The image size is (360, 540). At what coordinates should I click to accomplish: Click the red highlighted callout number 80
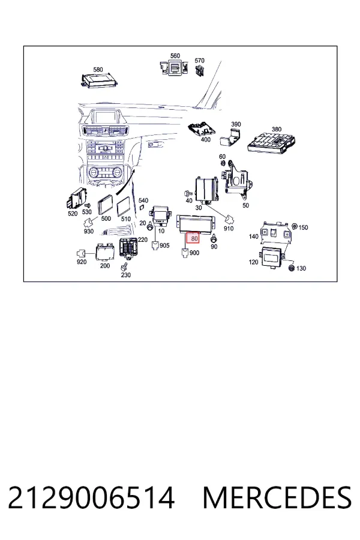pyautogui.click(x=193, y=238)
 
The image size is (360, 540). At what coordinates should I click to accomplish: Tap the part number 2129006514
pyautogui.click(x=91, y=497)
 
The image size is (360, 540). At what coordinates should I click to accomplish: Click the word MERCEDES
pyautogui.click(x=277, y=497)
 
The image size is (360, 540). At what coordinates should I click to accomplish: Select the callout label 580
pyautogui.click(x=98, y=70)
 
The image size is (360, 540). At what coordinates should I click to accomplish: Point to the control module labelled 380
pyautogui.click(x=272, y=142)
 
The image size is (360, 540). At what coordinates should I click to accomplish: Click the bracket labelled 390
pyautogui.click(x=231, y=138)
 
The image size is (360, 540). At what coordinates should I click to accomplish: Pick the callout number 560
pyautogui.click(x=175, y=56)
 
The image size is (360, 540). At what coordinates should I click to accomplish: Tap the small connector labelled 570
pyautogui.click(x=199, y=71)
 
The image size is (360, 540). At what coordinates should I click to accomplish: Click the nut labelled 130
pyautogui.click(x=291, y=268)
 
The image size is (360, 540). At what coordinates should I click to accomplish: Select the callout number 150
pyautogui.click(x=303, y=227)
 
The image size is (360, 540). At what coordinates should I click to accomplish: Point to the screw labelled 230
pyautogui.click(x=124, y=266)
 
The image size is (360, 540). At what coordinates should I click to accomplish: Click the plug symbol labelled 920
pyautogui.click(x=81, y=254)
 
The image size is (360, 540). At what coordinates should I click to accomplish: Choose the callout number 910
pyautogui.click(x=229, y=229)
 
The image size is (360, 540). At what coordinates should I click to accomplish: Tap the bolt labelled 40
pyautogui.click(x=188, y=194)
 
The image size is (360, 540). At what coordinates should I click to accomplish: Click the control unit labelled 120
pyautogui.click(x=273, y=257)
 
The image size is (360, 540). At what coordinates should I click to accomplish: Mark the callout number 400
pyautogui.click(x=205, y=139)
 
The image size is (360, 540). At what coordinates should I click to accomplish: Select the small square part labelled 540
pyautogui.click(x=142, y=207)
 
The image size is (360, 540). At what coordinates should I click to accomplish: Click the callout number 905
pyautogui.click(x=164, y=245)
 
